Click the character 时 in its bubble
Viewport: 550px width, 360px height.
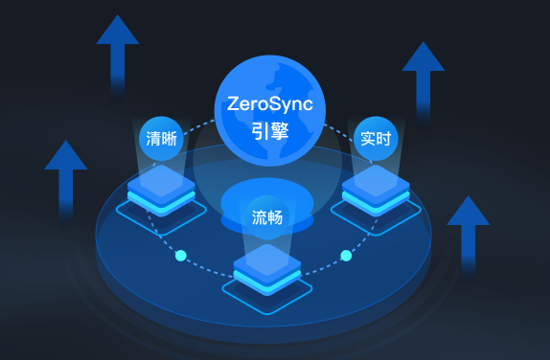click(383, 138)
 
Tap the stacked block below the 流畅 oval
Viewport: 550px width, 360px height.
click(268, 264)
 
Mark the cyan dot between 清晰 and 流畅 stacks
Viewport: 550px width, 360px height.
click(180, 255)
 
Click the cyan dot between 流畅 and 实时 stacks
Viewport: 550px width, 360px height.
click(346, 255)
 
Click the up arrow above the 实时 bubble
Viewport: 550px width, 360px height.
click(423, 77)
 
